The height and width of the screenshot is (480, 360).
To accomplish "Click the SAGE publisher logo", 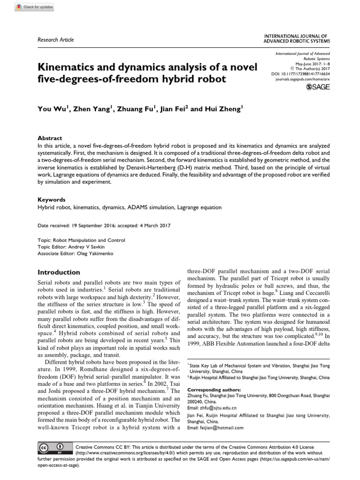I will pyautogui.click(x=318, y=87).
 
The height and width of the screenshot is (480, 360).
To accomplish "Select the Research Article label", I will pyautogui.click(x=55, y=40).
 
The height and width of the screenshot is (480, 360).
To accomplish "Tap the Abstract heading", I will pyautogui.click(x=50, y=138).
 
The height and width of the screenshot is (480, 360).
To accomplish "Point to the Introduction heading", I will pyautogui.click(x=59, y=272).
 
